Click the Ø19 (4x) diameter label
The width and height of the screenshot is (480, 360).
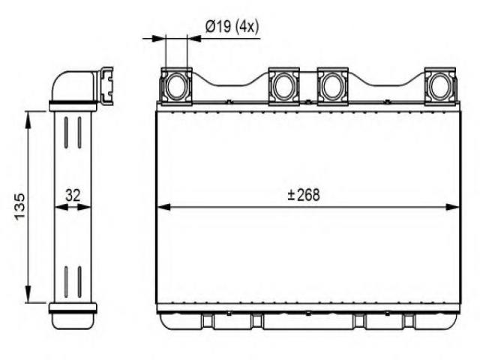[x=232, y=27]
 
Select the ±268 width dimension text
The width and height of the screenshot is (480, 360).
[x=304, y=195]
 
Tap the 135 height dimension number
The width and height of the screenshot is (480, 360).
[x=20, y=206]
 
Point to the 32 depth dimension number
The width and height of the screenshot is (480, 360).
[x=73, y=195]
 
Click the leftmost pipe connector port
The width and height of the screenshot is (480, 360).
[x=177, y=87]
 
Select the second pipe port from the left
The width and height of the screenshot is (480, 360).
[x=283, y=87]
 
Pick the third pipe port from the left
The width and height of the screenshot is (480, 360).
[x=333, y=87]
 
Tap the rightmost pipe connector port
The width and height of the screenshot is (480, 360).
[x=440, y=87]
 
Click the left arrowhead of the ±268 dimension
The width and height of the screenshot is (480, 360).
[x=163, y=207]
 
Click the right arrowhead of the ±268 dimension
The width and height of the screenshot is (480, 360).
[x=453, y=207]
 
